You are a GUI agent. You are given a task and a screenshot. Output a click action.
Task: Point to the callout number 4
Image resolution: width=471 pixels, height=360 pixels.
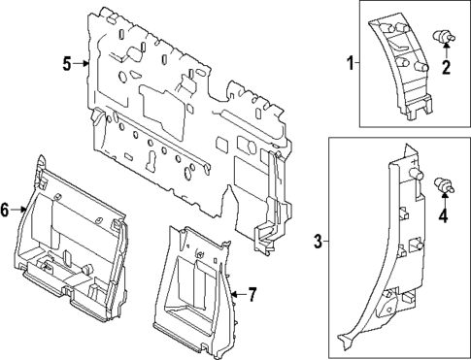point(444,215)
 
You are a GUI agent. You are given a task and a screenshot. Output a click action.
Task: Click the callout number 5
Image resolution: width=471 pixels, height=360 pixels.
point(67,64)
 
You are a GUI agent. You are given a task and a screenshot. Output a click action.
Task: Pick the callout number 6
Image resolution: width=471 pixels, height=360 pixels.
point(5,209)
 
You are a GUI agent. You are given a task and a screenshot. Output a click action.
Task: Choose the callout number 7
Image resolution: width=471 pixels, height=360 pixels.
point(252,293)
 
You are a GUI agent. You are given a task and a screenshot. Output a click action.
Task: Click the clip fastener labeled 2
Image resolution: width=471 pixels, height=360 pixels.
point(447,37)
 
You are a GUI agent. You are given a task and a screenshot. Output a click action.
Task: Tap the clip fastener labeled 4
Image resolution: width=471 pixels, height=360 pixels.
point(444,184)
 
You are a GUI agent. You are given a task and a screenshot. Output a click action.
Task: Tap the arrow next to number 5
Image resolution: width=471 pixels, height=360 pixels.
point(83,64)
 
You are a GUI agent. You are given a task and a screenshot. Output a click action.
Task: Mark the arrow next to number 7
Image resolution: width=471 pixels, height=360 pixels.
point(236,293)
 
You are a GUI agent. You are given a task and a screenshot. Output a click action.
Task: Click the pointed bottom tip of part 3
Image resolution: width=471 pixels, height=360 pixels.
point(343,340)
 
